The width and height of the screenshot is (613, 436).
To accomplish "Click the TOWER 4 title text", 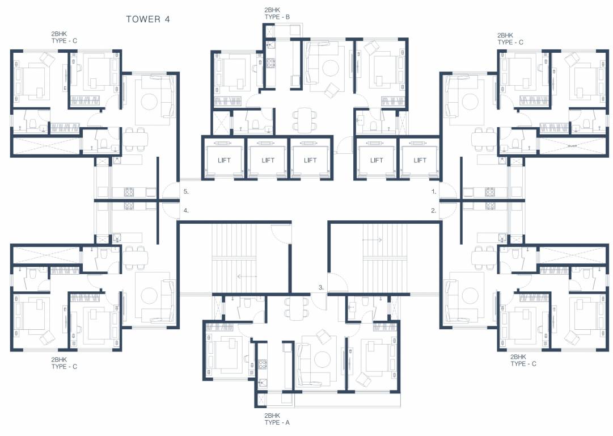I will pos(147,19).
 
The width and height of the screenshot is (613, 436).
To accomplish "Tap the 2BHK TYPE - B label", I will pos(277,14).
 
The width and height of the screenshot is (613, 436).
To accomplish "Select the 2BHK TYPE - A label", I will pos(277,419).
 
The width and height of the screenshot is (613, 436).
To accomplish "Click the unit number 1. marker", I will pos(434,192).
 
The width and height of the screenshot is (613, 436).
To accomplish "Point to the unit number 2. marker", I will pos(434,211).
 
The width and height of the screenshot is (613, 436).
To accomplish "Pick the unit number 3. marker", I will pos(321,288).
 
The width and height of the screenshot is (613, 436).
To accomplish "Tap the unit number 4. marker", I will pos(185,211).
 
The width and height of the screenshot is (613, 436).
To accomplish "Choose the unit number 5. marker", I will pos(185,192).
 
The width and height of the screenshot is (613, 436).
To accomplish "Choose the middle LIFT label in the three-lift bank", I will pos(268,160).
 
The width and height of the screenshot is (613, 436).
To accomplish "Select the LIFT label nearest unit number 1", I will pos(420,160).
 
